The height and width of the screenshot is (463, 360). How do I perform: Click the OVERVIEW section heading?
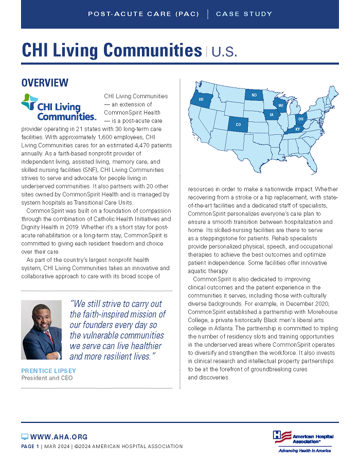pos(45,82)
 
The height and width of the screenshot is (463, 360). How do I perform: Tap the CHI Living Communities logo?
pos(58,107)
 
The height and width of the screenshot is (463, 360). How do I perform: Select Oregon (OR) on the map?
pos(201,99)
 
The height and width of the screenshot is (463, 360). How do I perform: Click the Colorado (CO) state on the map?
pos(238,124)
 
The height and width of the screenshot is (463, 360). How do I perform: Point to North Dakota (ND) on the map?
pos(254,95)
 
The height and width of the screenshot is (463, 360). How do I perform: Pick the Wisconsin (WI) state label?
pos(281,105)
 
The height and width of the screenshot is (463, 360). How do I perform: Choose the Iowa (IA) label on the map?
pos(272,116)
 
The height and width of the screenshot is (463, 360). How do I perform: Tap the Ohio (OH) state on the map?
pos(301,119)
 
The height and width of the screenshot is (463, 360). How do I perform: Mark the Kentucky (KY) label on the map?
pos(297,129)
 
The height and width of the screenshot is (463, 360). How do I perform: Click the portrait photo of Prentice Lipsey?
pos(42,330)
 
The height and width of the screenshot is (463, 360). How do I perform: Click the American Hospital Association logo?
pos(301,437)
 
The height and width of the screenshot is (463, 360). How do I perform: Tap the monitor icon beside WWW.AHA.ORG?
pos(25,437)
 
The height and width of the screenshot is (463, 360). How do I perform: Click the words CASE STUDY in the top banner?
pos(244,14)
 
